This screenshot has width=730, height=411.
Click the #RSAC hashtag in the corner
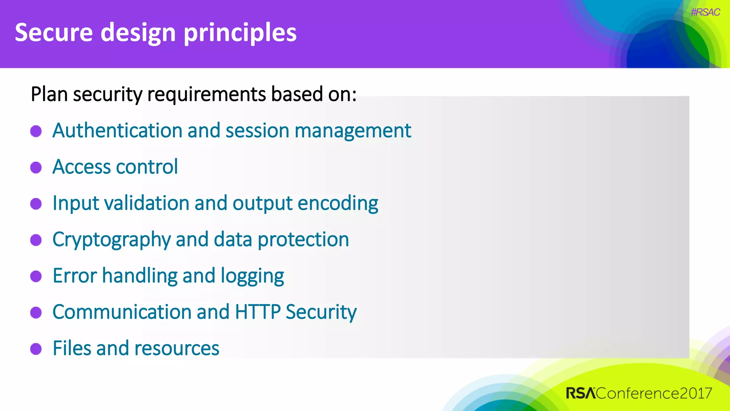click(705, 12)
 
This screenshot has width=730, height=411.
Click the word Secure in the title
click(53, 32)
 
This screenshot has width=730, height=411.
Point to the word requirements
click(206, 95)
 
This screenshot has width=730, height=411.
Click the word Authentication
click(117, 130)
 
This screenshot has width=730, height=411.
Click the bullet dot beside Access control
click(36, 167)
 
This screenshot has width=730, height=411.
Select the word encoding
click(338, 203)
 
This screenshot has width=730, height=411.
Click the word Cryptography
click(111, 240)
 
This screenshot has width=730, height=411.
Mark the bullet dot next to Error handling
click(36, 276)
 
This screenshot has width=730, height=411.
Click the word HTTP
click(258, 312)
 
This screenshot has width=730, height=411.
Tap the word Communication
click(122, 312)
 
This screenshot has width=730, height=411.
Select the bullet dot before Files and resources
click(36, 349)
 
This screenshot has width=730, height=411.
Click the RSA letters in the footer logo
click(581, 393)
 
